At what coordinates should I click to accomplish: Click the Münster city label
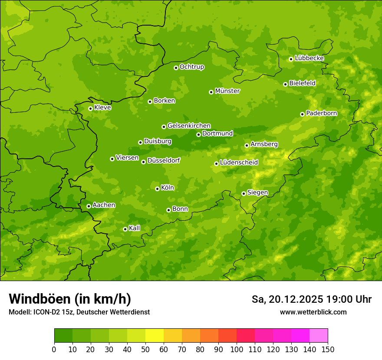coord(227,91)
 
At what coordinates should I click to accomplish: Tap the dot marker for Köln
coord(157,189)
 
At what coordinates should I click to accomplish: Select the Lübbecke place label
coord(309,58)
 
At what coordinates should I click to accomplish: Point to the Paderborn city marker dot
coord(302,114)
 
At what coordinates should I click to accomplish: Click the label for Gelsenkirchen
coord(189,126)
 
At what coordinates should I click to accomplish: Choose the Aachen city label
coord(104,205)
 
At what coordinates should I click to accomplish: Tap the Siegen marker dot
coord(244,193)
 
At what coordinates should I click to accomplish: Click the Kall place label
coord(135,228)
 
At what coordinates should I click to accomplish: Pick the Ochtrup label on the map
coord(191,67)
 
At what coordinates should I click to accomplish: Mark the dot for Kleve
coord(90,108)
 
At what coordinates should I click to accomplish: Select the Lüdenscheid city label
coord(239,163)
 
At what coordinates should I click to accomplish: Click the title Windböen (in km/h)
coord(69,299)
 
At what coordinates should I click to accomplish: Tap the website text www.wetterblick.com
coord(313,312)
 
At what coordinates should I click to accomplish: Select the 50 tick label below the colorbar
coord(145,350)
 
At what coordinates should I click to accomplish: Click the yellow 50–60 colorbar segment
coord(155,336)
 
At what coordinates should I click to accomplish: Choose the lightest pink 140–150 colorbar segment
coord(319,336)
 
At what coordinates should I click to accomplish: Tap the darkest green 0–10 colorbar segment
coord(63,336)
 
